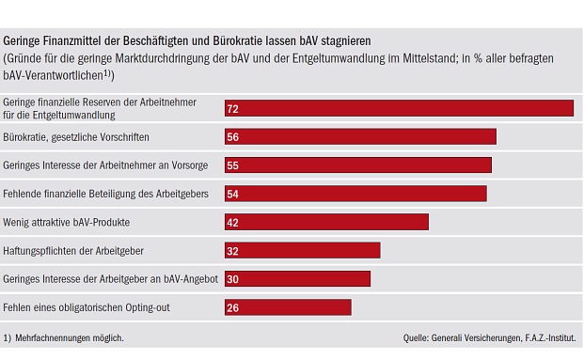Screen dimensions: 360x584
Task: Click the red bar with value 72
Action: [x=399, y=108]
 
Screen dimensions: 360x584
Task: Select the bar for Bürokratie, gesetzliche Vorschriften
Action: [x=360, y=136]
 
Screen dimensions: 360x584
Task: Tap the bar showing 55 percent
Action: [x=357, y=164]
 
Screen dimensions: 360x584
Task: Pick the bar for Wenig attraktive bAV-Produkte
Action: [x=326, y=222]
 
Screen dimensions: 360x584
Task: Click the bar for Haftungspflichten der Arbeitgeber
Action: [x=302, y=250]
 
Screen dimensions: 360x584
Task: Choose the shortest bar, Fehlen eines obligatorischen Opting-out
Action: [x=288, y=306]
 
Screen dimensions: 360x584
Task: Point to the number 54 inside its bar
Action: [x=233, y=194]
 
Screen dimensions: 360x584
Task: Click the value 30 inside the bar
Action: [x=233, y=279]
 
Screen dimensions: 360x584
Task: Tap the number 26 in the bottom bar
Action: [x=233, y=307]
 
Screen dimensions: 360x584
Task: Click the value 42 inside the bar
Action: [x=233, y=222]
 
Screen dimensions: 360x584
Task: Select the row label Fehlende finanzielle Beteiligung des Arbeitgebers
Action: [x=109, y=194]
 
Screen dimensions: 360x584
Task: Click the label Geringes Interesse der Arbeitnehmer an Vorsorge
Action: [x=106, y=164]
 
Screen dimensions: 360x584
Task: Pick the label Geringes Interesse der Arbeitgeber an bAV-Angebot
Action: [x=110, y=278]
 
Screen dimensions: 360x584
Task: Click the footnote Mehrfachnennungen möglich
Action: [x=69, y=337]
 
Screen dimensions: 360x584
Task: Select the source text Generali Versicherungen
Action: [x=475, y=337]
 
